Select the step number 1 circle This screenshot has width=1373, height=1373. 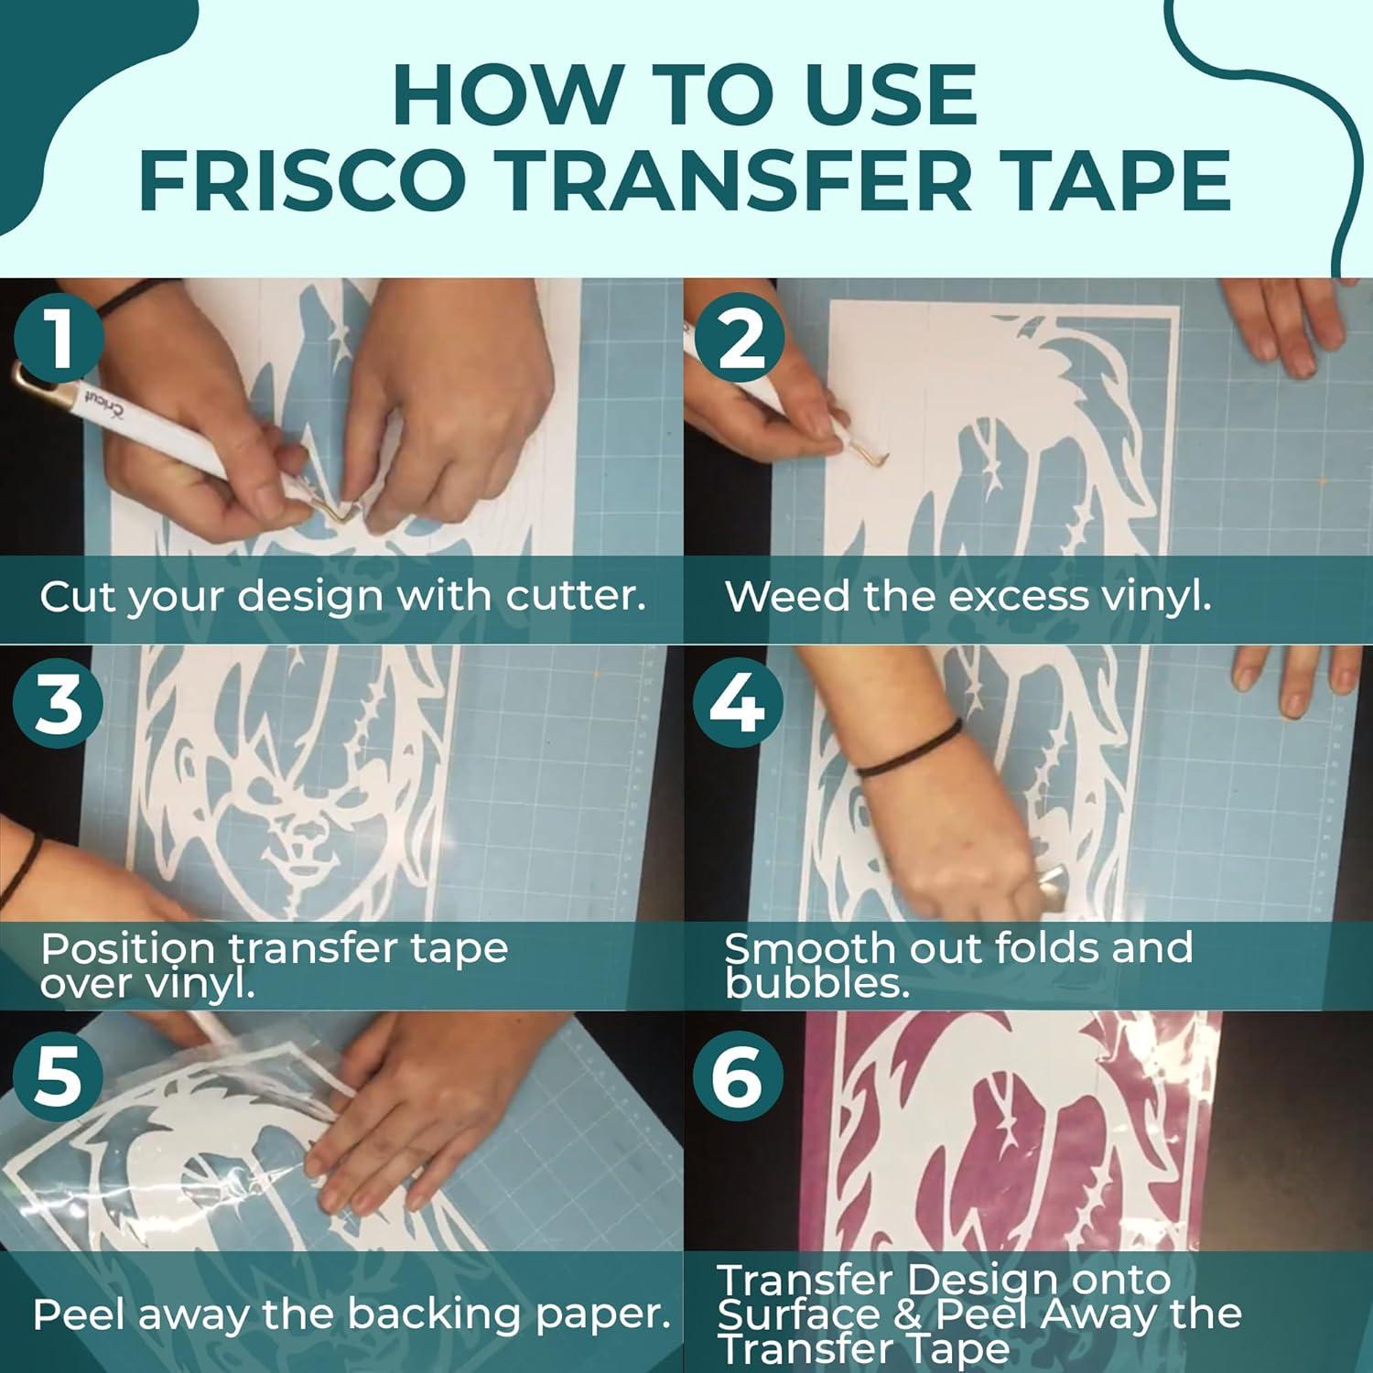point(59,340)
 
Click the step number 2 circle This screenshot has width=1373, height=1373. point(740,340)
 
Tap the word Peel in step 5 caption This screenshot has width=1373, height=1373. point(79,1315)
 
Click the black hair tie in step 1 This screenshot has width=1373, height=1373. point(137,295)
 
